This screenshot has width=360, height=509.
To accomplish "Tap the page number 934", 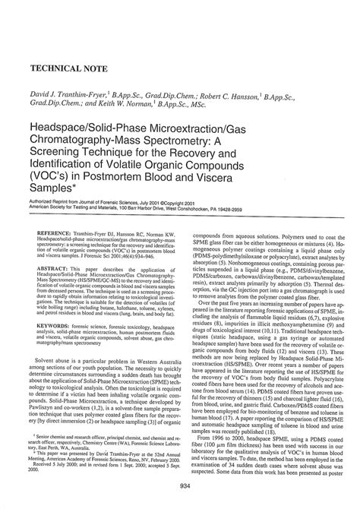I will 179,486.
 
